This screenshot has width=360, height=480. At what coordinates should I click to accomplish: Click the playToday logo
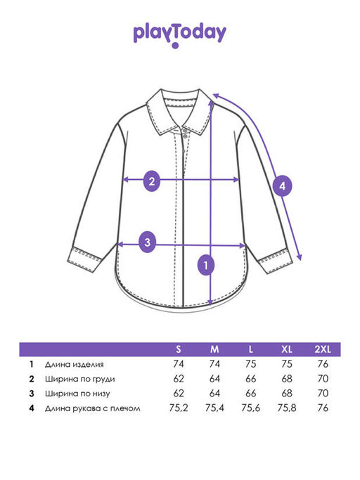tap(180, 35)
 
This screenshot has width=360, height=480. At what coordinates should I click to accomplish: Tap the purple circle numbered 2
tap(152, 181)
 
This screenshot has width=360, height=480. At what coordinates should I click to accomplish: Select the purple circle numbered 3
tap(148, 242)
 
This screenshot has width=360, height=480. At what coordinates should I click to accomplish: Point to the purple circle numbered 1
tap(206, 265)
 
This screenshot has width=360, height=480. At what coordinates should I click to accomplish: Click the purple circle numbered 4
tap(282, 186)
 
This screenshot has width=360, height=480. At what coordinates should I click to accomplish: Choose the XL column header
tap(287, 349)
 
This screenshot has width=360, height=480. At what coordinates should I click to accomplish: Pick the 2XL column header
tap(323, 349)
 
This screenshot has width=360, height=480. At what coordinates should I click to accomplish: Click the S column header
tap(179, 349)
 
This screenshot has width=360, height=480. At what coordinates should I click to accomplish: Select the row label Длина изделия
tap(74, 364)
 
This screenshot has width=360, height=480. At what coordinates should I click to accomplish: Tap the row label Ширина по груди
tap(80, 379)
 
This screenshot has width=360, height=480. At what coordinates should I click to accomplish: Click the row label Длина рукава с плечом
tap(93, 408)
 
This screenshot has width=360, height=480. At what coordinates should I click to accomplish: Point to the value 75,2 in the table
tap(179, 408)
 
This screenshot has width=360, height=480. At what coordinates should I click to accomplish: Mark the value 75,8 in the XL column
tap(287, 408)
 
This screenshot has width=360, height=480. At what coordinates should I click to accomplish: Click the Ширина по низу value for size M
tap(214, 394)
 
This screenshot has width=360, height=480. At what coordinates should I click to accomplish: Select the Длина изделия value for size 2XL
tap(323, 364)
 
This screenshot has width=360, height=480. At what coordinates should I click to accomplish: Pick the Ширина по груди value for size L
tap(250, 379)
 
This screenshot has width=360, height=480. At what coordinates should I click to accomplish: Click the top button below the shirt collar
tap(185, 131)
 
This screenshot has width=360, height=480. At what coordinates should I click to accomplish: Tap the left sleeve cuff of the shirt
tap(84, 259)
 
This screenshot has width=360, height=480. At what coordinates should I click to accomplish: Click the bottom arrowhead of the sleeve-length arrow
tap(300, 257)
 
